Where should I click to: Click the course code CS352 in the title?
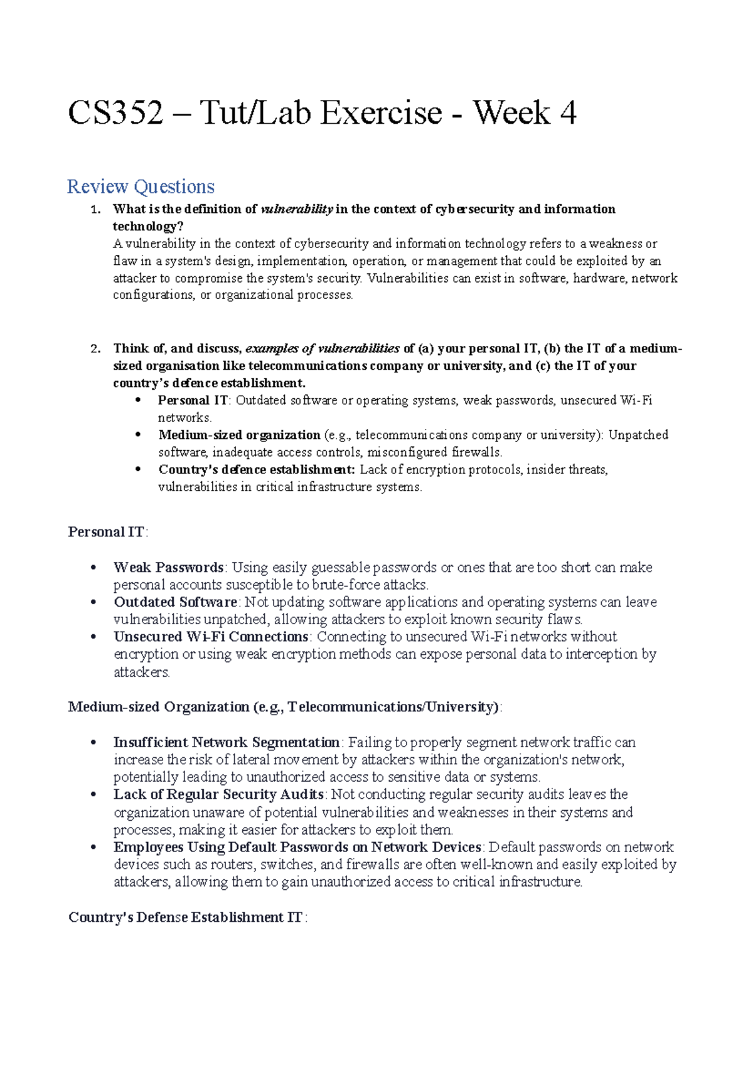(115, 114)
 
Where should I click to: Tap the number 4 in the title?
(567, 114)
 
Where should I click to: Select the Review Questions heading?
(141, 187)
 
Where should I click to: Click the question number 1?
(95, 209)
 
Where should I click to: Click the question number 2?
(95, 349)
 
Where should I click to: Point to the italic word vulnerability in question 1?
(296, 209)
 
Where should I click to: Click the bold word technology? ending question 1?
(147, 226)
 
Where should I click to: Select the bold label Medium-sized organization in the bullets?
(239, 435)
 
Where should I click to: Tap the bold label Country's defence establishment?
(257, 469)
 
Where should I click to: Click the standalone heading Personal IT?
(107, 532)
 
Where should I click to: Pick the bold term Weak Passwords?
(168, 567)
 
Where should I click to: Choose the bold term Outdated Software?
(175, 602)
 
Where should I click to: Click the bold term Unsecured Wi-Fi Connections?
(211, 636)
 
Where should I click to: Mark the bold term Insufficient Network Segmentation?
(227, 742)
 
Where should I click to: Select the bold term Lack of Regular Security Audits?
(218, 794)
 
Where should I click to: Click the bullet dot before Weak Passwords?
(93, 568)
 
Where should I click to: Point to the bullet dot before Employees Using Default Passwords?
(93, 848)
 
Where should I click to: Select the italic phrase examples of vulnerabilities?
(322, 349)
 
